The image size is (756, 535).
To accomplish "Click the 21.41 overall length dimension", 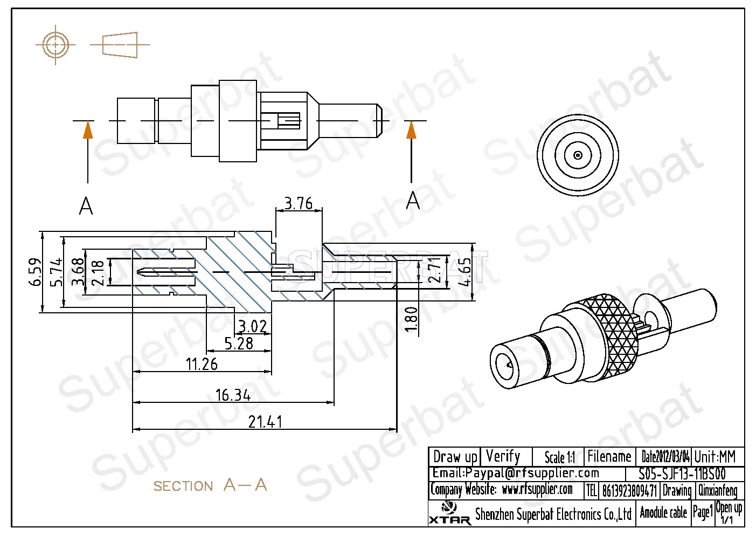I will point(265,421).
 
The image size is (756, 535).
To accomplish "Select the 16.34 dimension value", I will point(233,395).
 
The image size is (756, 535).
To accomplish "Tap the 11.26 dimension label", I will point(202,364).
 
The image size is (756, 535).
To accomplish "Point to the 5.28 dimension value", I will point(238,343).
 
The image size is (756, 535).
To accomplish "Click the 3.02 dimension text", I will point(252,326).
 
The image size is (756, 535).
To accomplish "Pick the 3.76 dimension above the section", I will point(298,203).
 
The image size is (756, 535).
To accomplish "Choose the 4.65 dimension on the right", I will point(464,271).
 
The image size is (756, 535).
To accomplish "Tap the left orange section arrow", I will point(87,131).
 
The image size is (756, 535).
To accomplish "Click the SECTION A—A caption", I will point(210,485).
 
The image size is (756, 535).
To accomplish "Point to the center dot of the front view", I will point(578,155).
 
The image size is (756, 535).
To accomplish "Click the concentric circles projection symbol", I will point(56,45).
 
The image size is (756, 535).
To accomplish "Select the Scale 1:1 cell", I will point(559,457).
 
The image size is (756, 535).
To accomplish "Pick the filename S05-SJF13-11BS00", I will point(682,474).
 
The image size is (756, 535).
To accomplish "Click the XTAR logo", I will point(449,513).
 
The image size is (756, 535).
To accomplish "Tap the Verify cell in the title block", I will point(503,456).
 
